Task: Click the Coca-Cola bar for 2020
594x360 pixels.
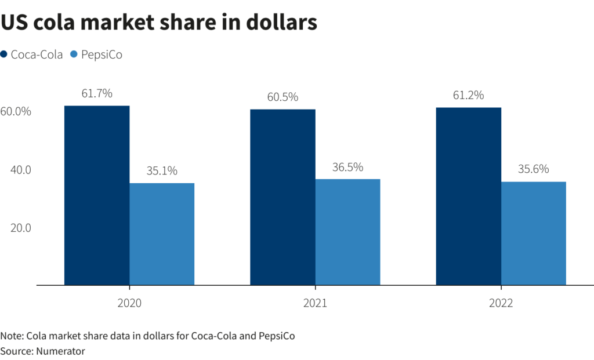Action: coord(97,195)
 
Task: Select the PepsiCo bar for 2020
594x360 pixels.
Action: coord(162,234)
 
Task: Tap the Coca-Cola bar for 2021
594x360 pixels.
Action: coord(282,197)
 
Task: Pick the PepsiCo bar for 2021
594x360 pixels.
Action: coord(348,232)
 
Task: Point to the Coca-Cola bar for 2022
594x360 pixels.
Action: coord(469,196)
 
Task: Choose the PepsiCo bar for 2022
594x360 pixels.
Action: coord(534,234)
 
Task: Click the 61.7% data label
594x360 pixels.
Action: coord(97,93)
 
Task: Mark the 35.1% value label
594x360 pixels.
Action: coord(162,171)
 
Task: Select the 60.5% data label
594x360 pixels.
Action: coord(282,97)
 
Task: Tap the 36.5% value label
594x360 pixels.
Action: coord(348,167)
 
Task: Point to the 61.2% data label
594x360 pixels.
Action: coord(469,95)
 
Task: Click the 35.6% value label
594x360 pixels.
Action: coord(534,169)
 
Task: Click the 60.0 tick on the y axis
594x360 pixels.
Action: coord(16,112)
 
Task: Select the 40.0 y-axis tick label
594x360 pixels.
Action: coord(20,170)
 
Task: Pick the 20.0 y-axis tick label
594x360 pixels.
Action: coord(20,228)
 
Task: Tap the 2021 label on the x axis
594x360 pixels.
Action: coord(315,303)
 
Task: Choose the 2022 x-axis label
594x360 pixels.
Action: coord(501,303)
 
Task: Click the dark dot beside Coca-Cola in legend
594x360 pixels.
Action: coord(4,54)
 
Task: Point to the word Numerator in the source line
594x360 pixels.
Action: coord(60,351)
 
